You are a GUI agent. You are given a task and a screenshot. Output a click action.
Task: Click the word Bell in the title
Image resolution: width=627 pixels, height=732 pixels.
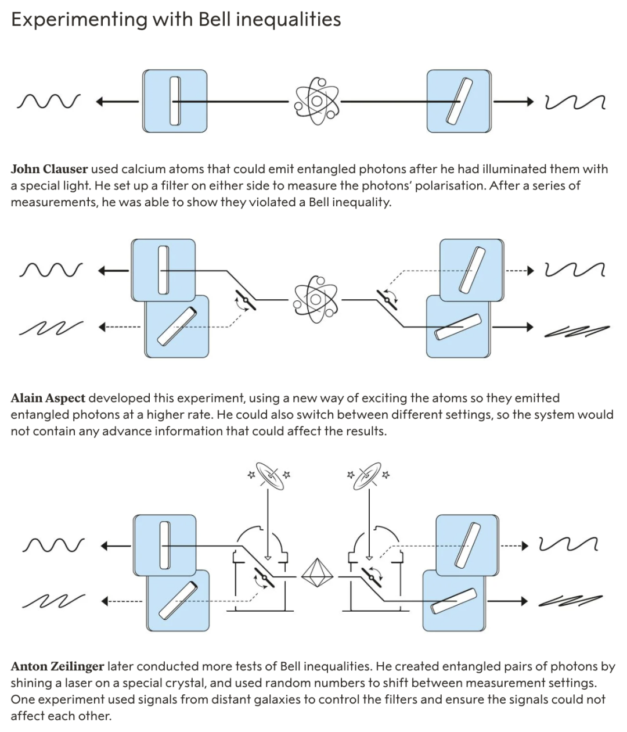216,20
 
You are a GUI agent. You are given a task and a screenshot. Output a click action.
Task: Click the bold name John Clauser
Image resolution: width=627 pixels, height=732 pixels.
49,169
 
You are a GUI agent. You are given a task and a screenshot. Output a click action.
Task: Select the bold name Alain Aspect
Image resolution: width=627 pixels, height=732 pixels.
48,399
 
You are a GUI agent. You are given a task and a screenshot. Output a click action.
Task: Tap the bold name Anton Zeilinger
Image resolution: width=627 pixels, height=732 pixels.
57,666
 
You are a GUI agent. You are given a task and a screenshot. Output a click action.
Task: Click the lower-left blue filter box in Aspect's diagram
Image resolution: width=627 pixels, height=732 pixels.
176,327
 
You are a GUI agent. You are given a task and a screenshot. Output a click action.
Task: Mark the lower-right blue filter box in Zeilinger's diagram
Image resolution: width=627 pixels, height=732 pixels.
453,601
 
